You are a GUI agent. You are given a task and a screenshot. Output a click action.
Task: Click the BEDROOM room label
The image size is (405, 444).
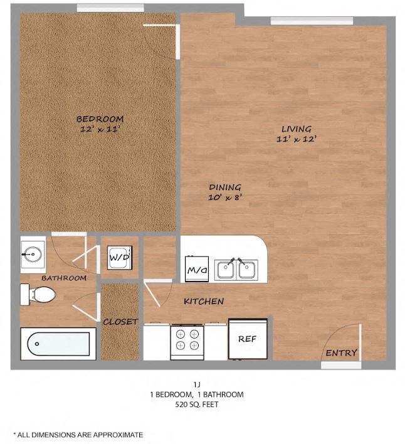click(x=100, y=119)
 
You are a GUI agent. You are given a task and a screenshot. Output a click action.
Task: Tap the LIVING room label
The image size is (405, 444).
click(x=297, y=129)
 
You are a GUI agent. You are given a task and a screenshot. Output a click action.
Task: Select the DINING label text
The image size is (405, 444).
click(x=224, y=187)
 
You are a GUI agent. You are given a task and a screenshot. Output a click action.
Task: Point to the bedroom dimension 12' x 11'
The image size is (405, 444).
click(x=100, y=129)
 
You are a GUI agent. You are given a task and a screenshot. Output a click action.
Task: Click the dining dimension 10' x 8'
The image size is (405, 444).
click(x=224, y=197)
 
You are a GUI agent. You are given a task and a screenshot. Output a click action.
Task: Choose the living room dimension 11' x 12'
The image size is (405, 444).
click(x=297, y=139)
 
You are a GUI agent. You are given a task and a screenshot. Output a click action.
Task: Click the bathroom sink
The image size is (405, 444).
click(x=32, y=255)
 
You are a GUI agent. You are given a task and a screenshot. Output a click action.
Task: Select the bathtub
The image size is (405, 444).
click(x=58, y=344)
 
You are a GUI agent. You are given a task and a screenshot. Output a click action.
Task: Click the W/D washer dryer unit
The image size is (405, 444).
click(x=119, y=257)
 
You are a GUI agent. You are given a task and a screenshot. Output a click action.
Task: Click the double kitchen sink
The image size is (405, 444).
click(x=236, y=270)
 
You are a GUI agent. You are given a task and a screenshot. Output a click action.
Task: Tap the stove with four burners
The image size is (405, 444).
click(x=187, y=342)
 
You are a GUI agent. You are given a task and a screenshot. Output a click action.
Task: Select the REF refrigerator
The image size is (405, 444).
click(x=248, y=339)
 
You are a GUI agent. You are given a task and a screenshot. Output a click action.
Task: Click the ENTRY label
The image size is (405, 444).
click(x=341, y=353)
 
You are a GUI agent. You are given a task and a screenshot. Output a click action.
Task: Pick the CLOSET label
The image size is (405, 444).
click(x=120, y=322)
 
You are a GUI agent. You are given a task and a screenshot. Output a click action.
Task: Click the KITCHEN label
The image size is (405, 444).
click(x=204, y=302)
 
